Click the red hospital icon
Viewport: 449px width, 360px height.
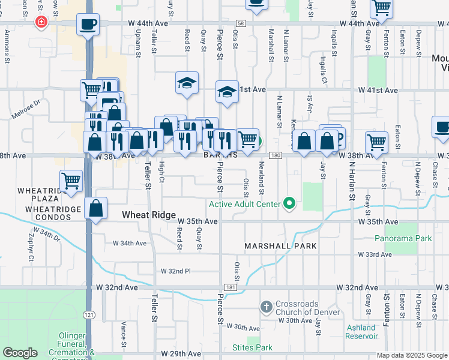coord(41,23)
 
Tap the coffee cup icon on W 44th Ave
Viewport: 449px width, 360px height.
coord(88,25)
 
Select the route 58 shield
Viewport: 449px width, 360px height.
coord(241,23)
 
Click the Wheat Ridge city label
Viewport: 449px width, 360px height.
coord(148,215)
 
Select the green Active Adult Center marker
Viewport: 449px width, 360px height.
coord(290,204)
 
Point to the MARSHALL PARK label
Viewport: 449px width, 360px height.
coord(280,247)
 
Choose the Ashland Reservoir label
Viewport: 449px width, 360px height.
coord(361,332)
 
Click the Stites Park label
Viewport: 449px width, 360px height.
coord(252,347)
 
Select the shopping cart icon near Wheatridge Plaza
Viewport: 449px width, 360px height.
coord(71,181)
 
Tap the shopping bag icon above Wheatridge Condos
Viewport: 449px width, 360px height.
coord(96,209)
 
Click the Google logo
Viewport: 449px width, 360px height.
coord(20,353)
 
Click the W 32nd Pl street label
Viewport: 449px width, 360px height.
coord(175,271)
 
